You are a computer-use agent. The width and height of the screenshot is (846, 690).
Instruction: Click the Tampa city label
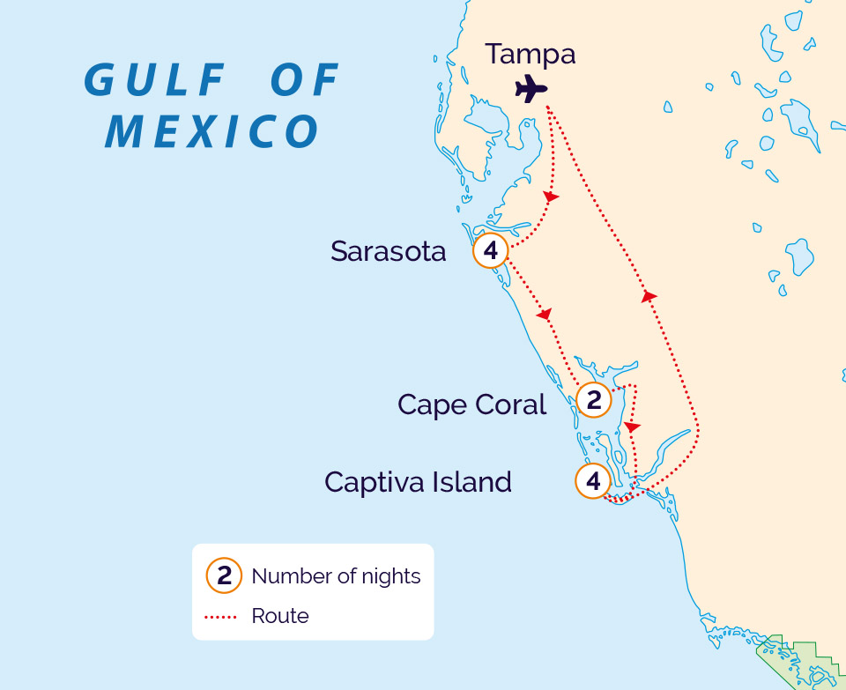530,54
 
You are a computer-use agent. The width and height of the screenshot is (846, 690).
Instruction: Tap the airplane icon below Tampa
531,88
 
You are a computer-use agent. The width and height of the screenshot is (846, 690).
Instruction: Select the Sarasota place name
388,251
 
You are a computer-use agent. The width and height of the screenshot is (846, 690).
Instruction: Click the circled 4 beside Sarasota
491,251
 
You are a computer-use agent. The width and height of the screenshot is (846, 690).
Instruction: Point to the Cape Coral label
471,404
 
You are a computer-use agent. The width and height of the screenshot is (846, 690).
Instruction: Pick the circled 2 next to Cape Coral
594,401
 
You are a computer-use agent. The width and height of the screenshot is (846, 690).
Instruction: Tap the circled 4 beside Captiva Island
593,482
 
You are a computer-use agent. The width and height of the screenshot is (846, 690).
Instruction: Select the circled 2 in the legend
224,576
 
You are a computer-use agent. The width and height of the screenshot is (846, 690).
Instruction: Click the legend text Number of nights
336,576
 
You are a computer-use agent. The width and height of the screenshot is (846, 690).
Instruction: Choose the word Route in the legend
279,616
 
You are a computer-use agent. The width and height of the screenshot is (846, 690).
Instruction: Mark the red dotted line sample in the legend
221,616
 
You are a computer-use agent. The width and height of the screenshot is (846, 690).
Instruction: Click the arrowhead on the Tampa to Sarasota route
551,197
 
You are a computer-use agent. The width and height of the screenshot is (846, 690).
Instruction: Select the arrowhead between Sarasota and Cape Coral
545,314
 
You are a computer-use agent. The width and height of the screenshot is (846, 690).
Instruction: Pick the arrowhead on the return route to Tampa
649,296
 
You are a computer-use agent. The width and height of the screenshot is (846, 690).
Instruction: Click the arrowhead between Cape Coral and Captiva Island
632,427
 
